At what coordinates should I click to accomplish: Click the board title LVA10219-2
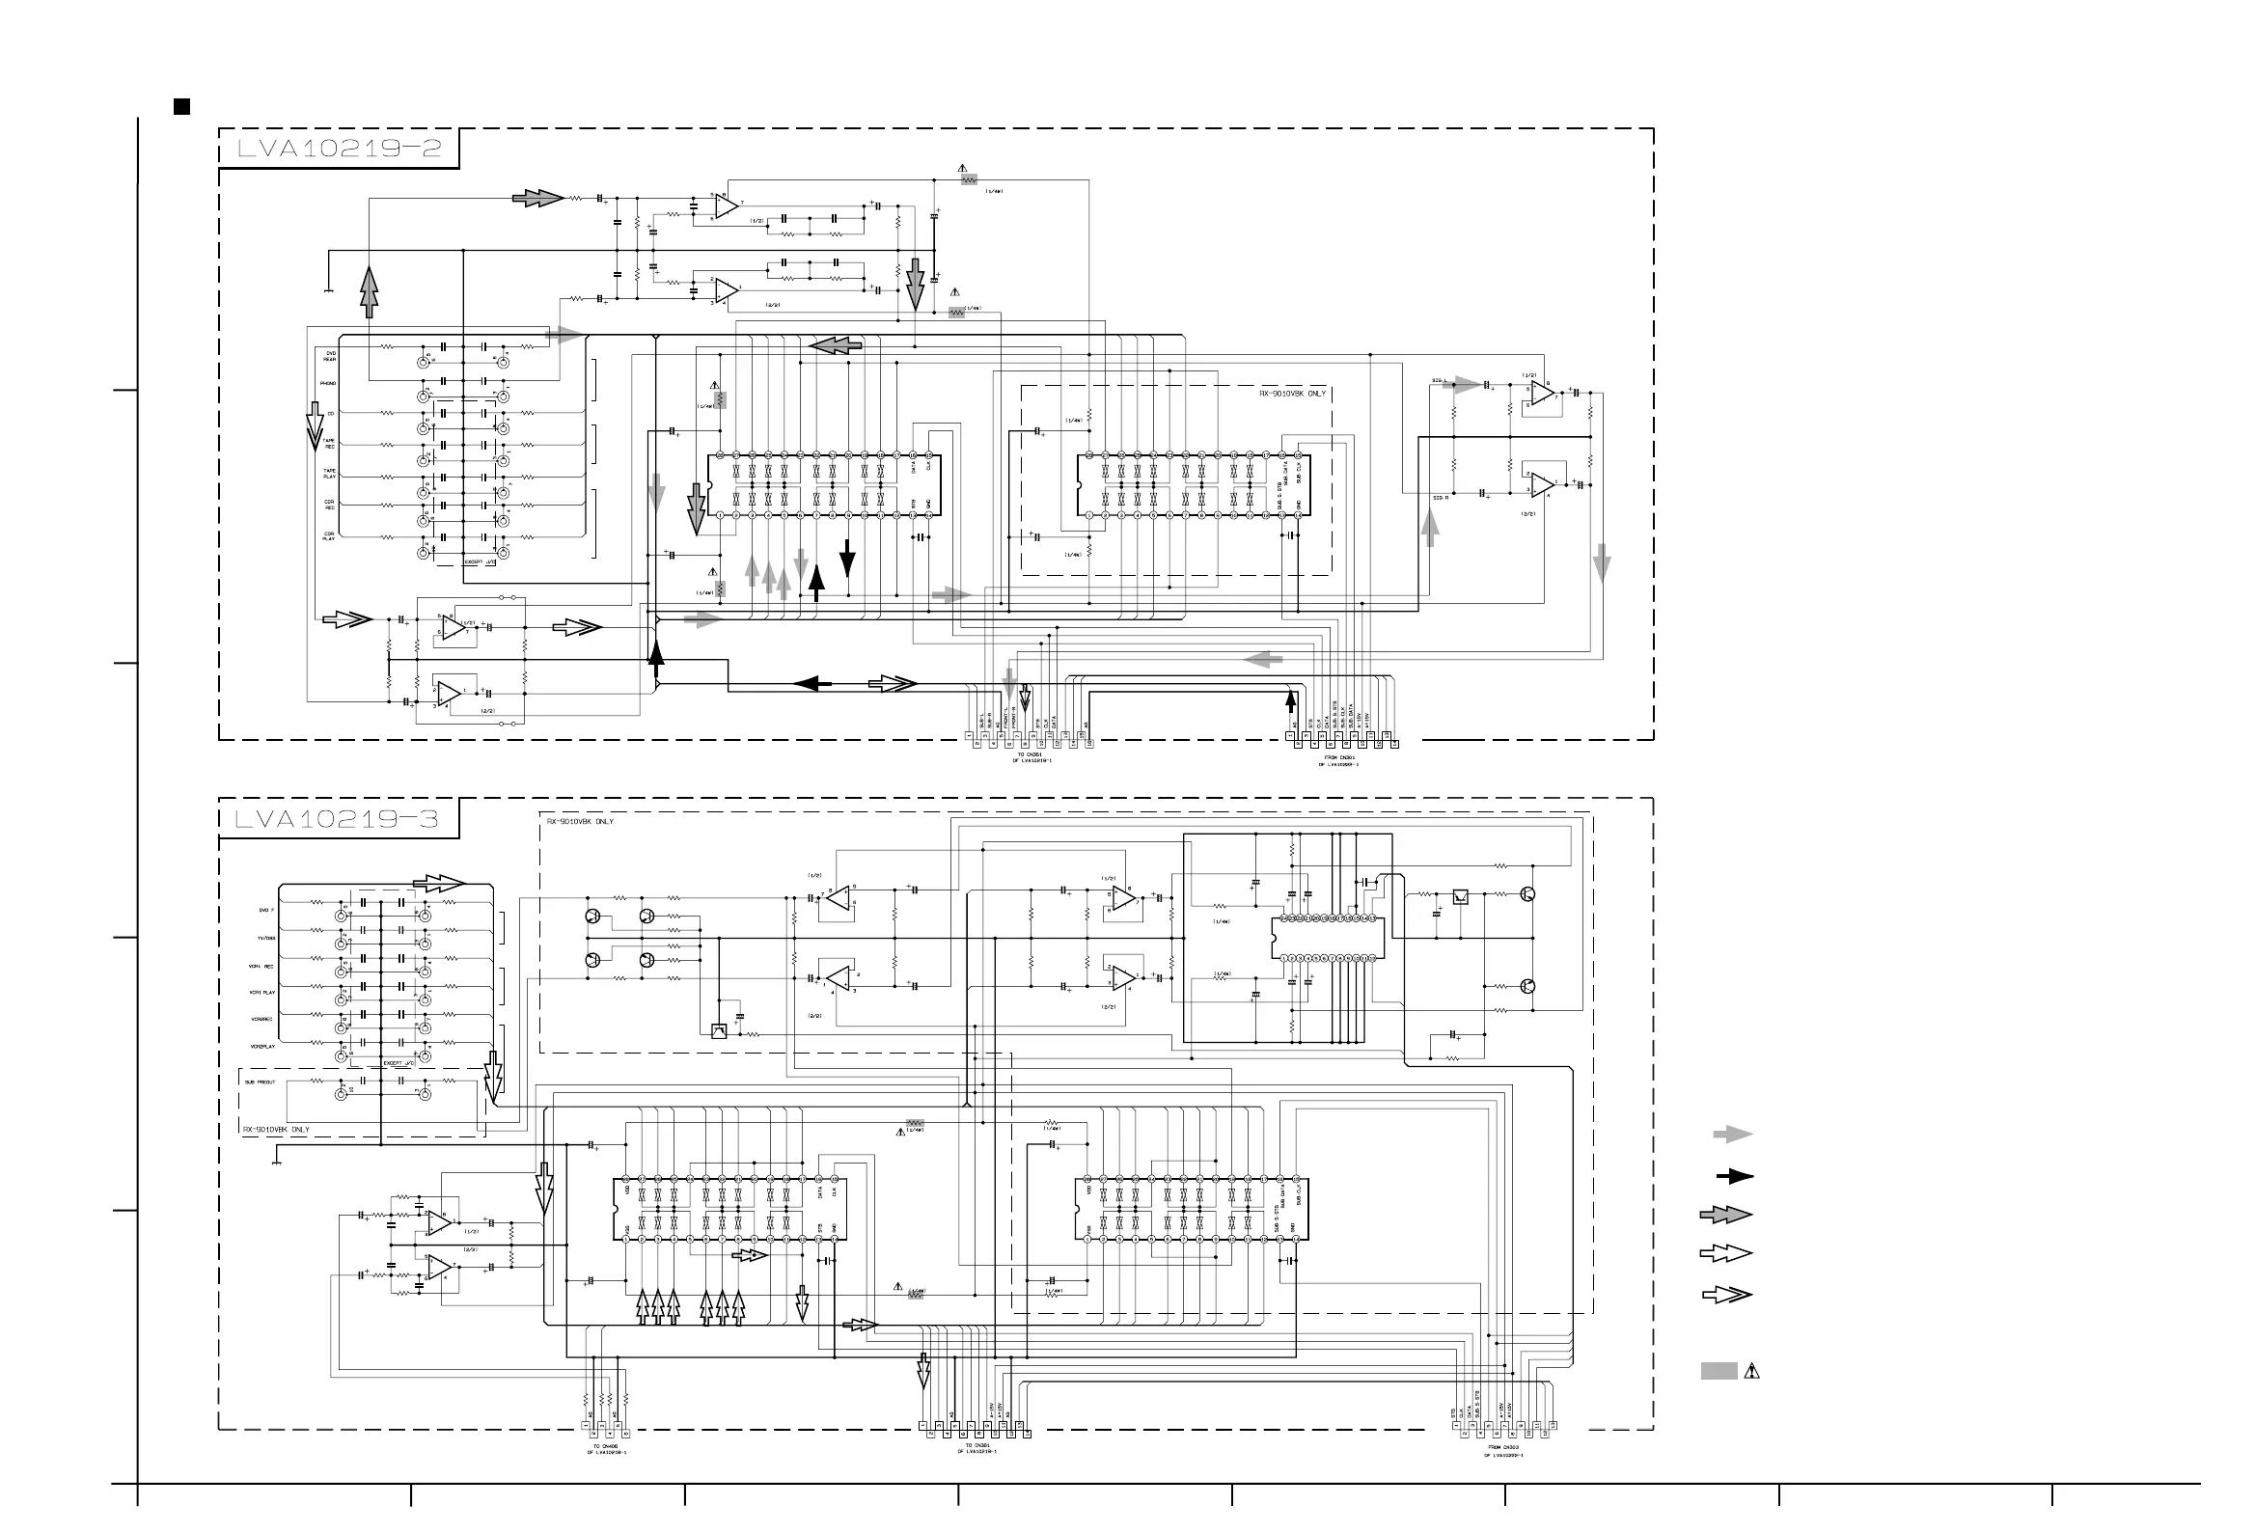coord(339,149)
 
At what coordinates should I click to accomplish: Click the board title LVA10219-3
coord(337,819)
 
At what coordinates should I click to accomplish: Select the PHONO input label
coord(328,383)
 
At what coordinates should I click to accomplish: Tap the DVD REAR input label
coord(330,356)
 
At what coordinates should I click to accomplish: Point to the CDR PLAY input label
coord(329,535)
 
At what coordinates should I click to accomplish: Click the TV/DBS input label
coord(266,939)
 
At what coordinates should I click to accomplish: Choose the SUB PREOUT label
coord(260,1081)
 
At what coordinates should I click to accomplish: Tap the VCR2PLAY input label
coord(263,1047)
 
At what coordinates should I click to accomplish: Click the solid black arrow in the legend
coord(1734,1177)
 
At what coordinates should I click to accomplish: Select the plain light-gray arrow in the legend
coord(1732,1135)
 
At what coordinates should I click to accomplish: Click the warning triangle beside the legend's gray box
coord(1751,1371)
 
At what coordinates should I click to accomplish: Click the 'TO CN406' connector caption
coord(605,1446)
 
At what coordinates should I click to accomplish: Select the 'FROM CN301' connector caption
coord(1338,757)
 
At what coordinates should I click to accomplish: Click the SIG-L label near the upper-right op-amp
coord(1439,380)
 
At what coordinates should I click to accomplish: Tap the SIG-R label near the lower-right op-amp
coord(1440,498)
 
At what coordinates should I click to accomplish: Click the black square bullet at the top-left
coord(181,107)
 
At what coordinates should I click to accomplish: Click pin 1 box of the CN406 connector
coord(586,1425)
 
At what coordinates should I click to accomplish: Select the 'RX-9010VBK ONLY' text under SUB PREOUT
coord(277,1130)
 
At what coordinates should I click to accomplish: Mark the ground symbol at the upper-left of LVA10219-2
coord(329,289)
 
